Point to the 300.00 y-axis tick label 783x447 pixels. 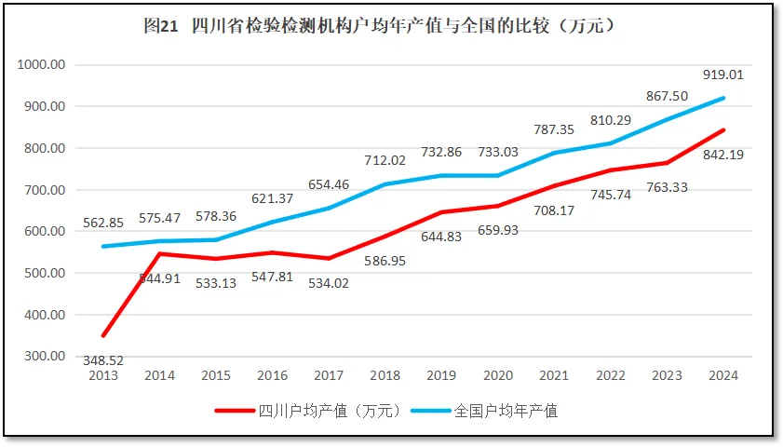[x=42, y=356]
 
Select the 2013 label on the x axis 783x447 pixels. [x=102, y=375]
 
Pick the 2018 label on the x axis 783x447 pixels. [x=385, y=375]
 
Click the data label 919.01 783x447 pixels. [x=722, y=74]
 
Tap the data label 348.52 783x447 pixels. [x=102, y=360]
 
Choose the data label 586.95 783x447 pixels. [x=385, y=262]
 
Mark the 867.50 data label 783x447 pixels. [x=667, y=96]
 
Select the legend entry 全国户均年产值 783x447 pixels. [x=498, y=410]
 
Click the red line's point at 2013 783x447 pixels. [x=102, y=335]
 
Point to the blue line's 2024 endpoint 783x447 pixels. [x=722, y=98]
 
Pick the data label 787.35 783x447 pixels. [x=554, y=129]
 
